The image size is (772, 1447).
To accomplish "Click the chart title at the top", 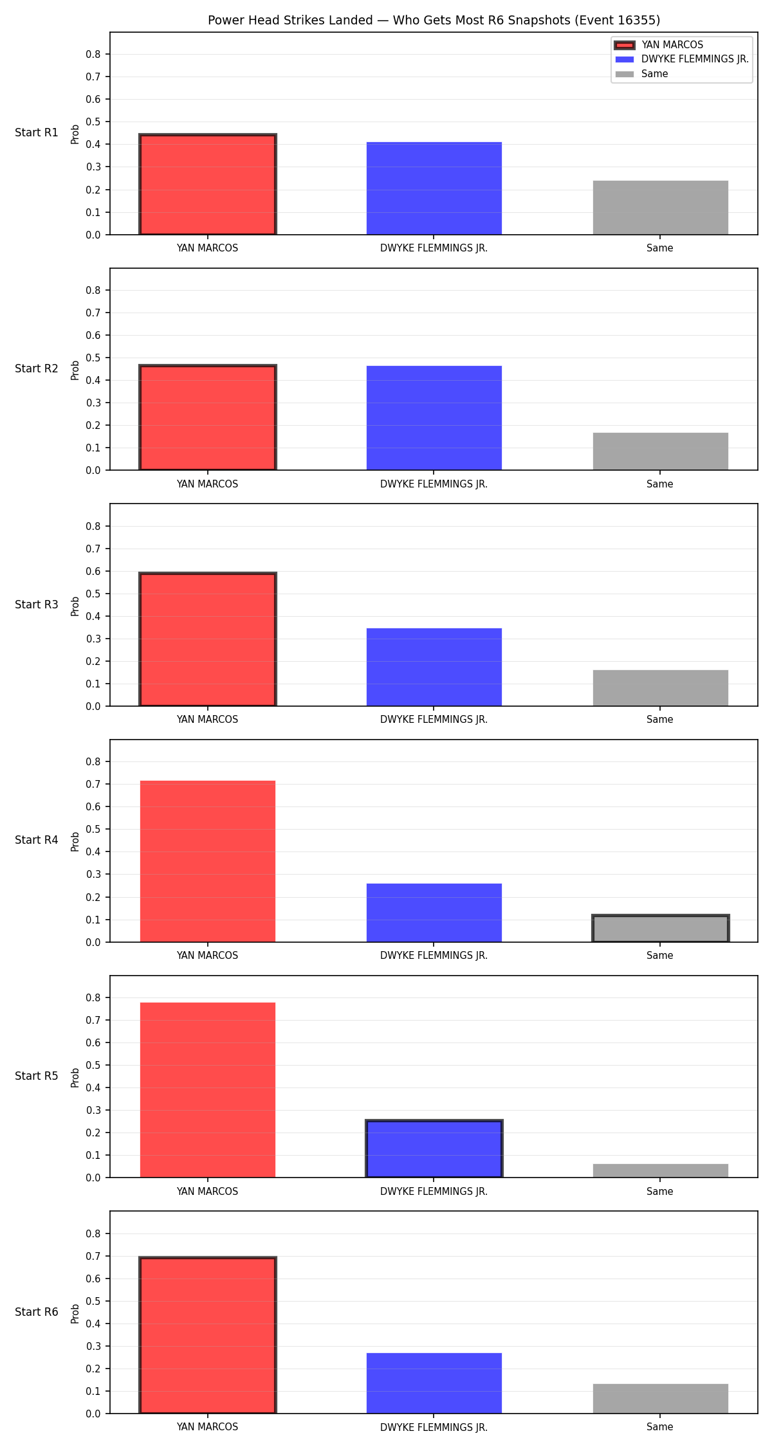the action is pos(434,20).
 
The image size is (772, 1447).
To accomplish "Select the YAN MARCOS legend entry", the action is pos(672,45).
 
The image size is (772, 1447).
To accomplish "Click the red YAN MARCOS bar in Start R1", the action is pos(208,185).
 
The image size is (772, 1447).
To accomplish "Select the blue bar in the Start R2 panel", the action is pos(434,418).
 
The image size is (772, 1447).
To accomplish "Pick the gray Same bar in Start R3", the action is pos(661,688).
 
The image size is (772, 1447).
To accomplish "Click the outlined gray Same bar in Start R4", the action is pos(661,929).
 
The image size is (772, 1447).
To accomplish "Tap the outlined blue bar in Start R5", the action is pos(434,1149).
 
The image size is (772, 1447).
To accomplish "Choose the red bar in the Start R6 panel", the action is pos(208,1335).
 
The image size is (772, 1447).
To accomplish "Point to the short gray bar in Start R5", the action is pos(661,1171).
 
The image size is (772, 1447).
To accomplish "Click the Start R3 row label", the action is pos(37,605).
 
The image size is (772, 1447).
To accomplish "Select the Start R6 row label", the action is pos(37,1312).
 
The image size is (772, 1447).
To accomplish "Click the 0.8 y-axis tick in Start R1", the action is pos(94,55).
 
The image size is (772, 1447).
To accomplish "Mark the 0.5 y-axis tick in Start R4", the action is pos(94,830).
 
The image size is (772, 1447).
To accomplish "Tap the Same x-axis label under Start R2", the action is pos(660,484).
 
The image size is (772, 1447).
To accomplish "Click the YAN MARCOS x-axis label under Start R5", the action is pos(208,1192).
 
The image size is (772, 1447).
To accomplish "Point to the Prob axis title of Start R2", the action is pos(75,370).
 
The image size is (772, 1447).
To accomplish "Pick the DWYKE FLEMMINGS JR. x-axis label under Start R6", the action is pos(434,1427).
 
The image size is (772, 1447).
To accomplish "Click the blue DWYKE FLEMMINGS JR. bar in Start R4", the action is pos(434,913).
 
